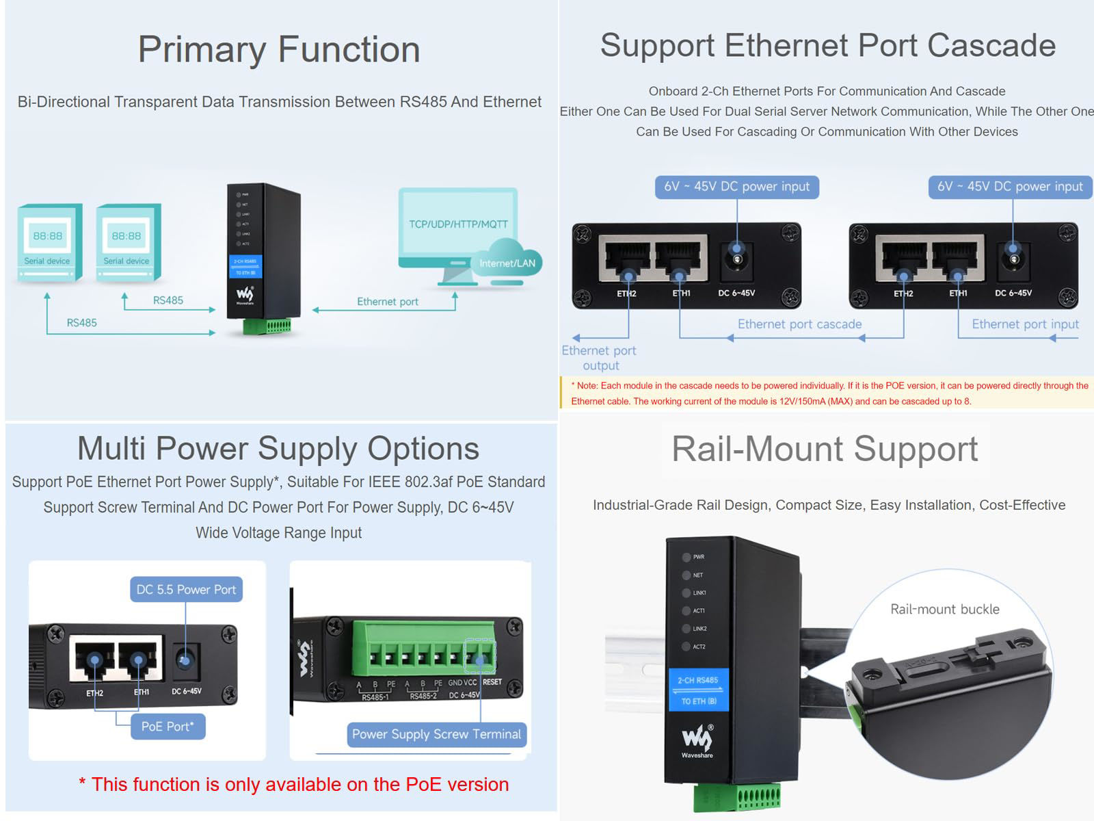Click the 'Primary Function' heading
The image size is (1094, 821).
(279, 50)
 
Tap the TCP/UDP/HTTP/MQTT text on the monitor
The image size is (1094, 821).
(458, 224)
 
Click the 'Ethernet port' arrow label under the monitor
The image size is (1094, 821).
(387, 302)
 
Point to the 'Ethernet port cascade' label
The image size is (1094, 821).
(799, 324)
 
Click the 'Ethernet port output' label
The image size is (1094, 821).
(599, 358)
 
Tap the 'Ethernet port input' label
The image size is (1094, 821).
(1025, 324)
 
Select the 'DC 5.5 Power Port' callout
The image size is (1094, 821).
(186, 590)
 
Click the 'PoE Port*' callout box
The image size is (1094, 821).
(168, 727)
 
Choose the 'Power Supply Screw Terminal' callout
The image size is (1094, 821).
(436, 734)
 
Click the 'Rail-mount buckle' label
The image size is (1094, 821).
(944, 609)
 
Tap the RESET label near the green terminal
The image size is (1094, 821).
(492, 682)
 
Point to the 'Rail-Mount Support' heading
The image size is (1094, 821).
(825, 449)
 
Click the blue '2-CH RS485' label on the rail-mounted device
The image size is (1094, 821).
(697, 680)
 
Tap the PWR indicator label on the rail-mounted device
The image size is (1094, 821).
(698, 557)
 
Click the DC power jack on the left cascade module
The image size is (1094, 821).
(736, 259)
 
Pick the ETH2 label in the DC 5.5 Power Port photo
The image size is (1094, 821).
(94, 693)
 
